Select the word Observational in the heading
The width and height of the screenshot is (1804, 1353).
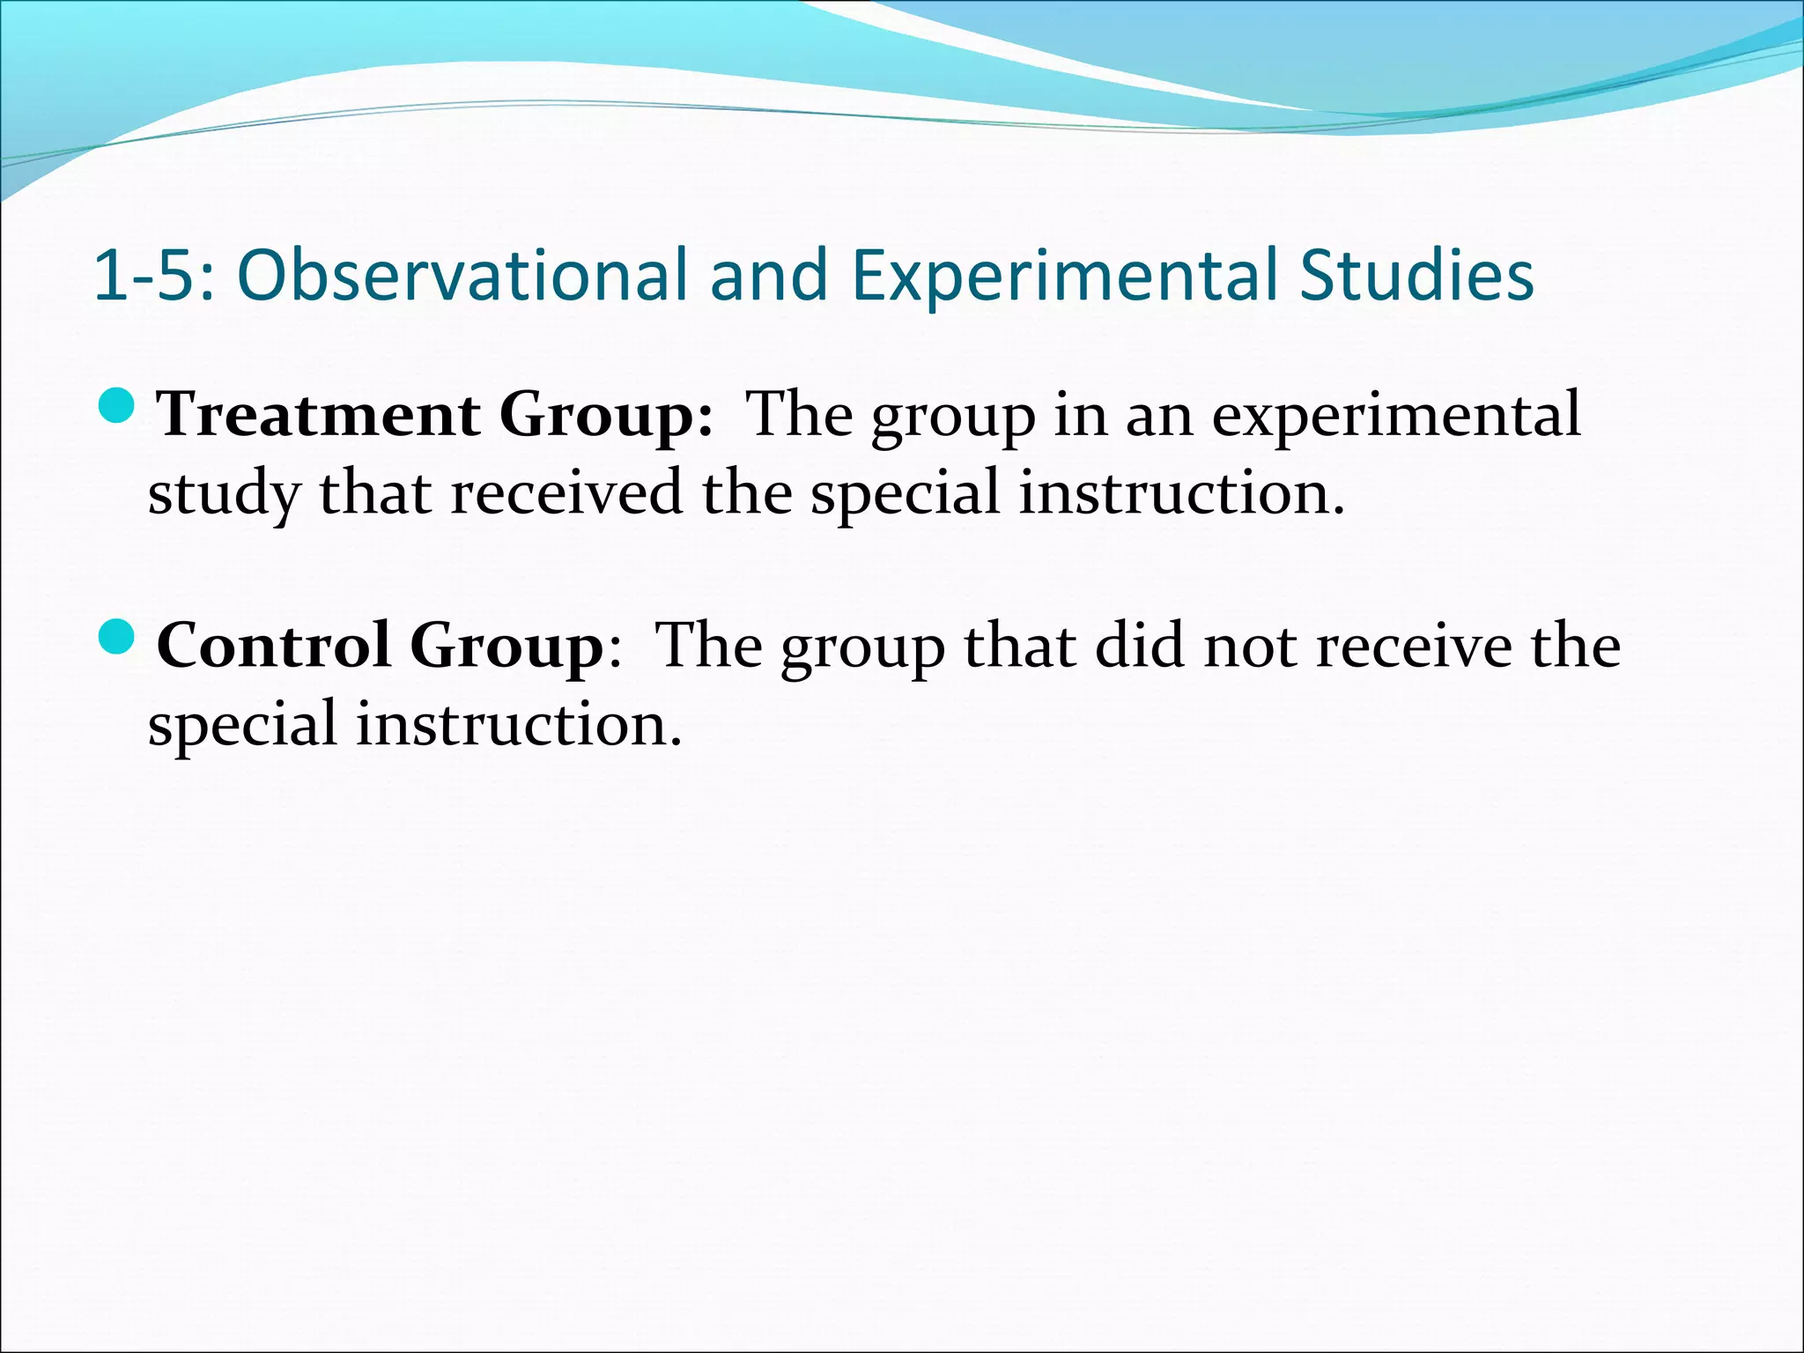(462, 276)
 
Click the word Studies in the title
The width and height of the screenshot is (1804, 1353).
(1416, 276)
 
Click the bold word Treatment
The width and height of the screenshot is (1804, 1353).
(319, 414)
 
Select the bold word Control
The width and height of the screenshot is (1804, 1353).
(273, 646)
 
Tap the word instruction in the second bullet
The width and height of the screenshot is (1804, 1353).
(518, 724)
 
